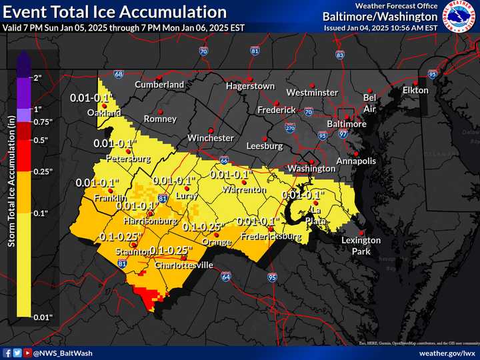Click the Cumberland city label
click(159, 85)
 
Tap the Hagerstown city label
click(250, 86)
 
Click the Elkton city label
click(415, 90)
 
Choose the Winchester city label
click(211, 138)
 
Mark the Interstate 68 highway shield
click(118, 74)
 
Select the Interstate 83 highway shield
click(340, 55)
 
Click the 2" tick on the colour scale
click(37, 78)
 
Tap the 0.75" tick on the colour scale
click(42, 121)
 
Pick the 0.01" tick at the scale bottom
click(42, 317)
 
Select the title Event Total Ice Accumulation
click(115, 12)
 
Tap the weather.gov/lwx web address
click(446, 353)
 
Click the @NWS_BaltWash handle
click(63, 353)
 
